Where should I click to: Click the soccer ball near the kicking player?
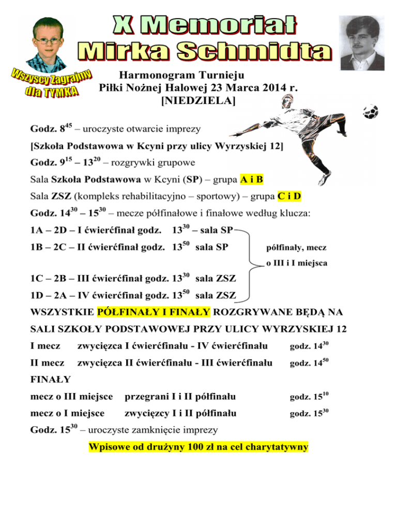(x=371, y=111)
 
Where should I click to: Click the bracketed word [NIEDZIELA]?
(x=198, y=101)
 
